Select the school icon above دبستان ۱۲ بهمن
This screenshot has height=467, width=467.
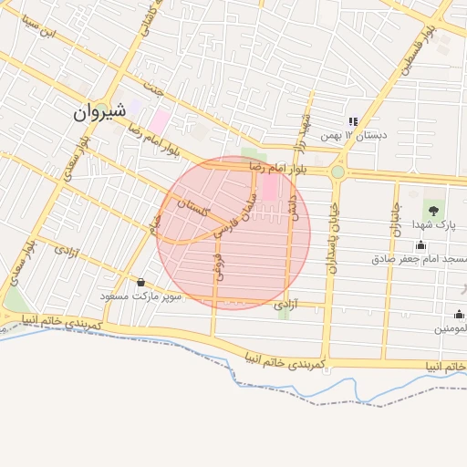pos(351,122)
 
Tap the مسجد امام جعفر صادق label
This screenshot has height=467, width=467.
pos(419,258)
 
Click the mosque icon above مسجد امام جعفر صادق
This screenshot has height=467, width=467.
pos(420,244)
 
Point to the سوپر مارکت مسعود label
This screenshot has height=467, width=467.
pos(141,296)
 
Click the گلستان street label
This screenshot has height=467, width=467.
pos(196,209)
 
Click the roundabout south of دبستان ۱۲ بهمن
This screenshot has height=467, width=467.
pos(338,171)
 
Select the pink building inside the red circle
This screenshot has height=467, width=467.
pos(271,189)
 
